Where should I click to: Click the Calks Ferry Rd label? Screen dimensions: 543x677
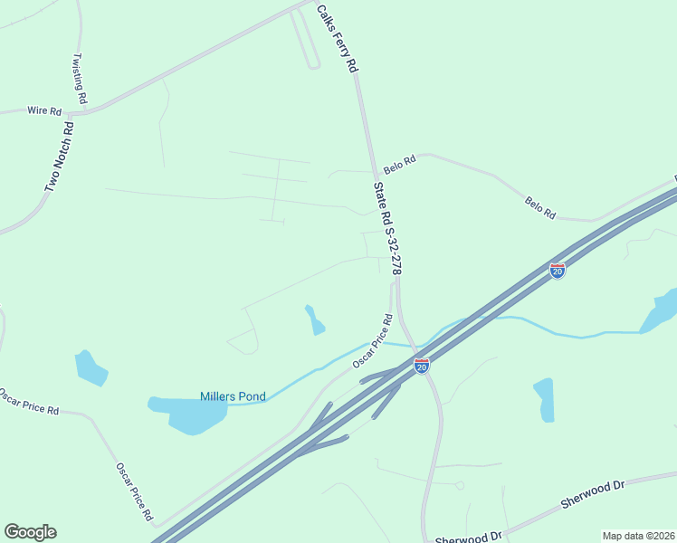point(338,39)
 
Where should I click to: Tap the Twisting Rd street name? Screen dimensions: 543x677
point(79,78)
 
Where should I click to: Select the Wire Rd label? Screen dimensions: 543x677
point(43,111)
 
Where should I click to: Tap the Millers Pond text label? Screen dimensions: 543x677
point(233,396)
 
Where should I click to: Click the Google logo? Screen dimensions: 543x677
point(30,532)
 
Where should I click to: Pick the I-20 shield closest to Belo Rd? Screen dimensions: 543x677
point(558,270)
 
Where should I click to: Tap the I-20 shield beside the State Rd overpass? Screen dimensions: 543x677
point(422,365)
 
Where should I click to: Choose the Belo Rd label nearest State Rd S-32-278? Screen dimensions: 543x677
point(398,165)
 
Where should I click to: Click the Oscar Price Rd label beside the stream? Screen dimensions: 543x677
point(372,340)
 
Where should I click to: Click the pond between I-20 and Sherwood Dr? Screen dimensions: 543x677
point(544,399)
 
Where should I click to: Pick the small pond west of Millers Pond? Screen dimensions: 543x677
point(90,367)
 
